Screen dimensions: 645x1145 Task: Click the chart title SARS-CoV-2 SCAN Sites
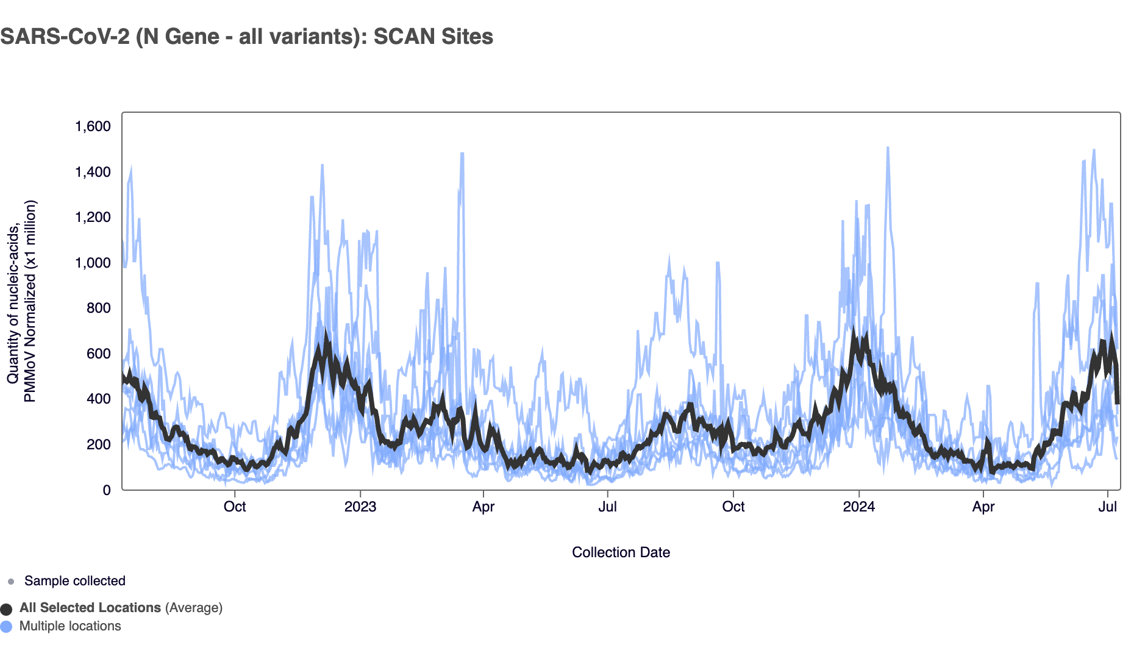tap(246, 37)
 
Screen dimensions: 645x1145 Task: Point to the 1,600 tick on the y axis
tap(93, 126)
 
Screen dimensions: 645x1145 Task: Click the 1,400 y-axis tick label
tap(93, 172)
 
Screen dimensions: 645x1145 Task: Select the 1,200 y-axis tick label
tap(93, 217)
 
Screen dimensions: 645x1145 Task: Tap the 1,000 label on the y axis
tap(93, 263)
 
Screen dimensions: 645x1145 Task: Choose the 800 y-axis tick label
tap(98, 308)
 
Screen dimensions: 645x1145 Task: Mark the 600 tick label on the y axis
tap(98, 354)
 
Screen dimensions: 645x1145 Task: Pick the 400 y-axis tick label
tap(98, 399)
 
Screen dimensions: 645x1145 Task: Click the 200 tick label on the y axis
tap(98, 444)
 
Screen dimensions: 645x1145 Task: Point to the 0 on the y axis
tap(107, 490)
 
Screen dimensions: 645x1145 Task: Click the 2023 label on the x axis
tap(360, 507)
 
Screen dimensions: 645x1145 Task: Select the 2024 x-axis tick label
tap(858, 507)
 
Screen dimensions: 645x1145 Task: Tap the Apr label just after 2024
tap(983, 507)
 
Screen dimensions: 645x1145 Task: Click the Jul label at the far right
tap(1107, 507)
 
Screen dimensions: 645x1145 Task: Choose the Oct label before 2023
tap(235, 507)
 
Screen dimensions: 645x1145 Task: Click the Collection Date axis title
tap(621, 552)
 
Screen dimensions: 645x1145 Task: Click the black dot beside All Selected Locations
tap(6, 609)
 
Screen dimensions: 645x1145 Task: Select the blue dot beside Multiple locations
tap(6, 627)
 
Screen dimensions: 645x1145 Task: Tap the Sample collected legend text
tap(74, 581)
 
